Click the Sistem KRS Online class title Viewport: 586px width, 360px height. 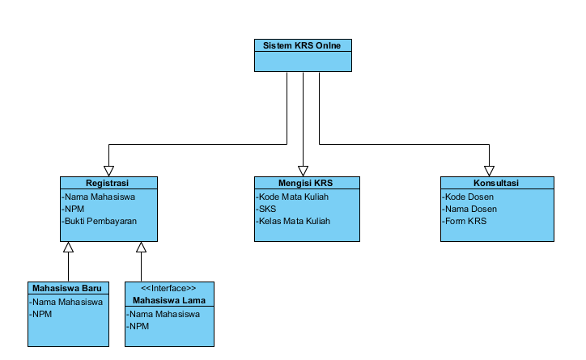302,45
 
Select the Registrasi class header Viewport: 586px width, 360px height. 108,183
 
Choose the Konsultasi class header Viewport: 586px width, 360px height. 496,183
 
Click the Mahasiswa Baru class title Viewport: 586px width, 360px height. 68,288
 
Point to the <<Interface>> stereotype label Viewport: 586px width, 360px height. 168,288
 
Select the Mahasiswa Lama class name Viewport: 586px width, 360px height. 168,299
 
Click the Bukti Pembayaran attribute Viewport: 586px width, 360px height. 100,221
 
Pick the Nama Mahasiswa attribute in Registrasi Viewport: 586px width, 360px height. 98,197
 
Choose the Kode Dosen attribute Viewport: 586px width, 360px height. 469,197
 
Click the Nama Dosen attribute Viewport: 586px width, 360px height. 470,209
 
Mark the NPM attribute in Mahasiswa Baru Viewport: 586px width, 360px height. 40,314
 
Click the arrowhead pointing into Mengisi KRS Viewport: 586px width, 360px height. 303,171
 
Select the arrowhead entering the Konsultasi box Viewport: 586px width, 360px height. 489,171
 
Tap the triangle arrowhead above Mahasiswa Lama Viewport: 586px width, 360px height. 141,247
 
